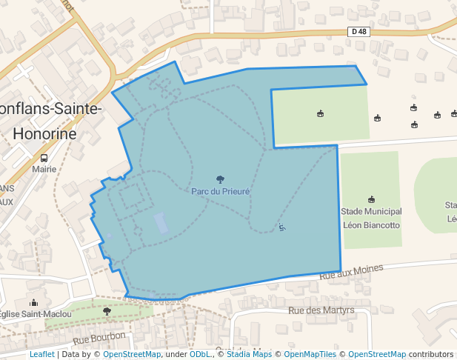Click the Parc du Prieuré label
coord(220,191)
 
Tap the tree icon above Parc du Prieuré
coord(220,179)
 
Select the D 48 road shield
coord(358,32)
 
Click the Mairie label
coord(44,169)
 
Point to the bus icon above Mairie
coord(44,158)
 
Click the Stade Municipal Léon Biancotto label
coord(370,218)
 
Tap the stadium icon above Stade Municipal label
coord(371,199)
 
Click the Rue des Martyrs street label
coord(321,310)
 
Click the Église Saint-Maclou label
coord(36,314)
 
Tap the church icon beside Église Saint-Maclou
coord(33,302)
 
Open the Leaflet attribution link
coord(41,355)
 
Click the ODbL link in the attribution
coord(199,355)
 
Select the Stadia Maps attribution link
coord(249,355)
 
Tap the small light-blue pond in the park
coord(161,223)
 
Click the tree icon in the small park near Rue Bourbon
coord(107,312)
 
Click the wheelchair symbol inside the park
coord(281,227)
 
